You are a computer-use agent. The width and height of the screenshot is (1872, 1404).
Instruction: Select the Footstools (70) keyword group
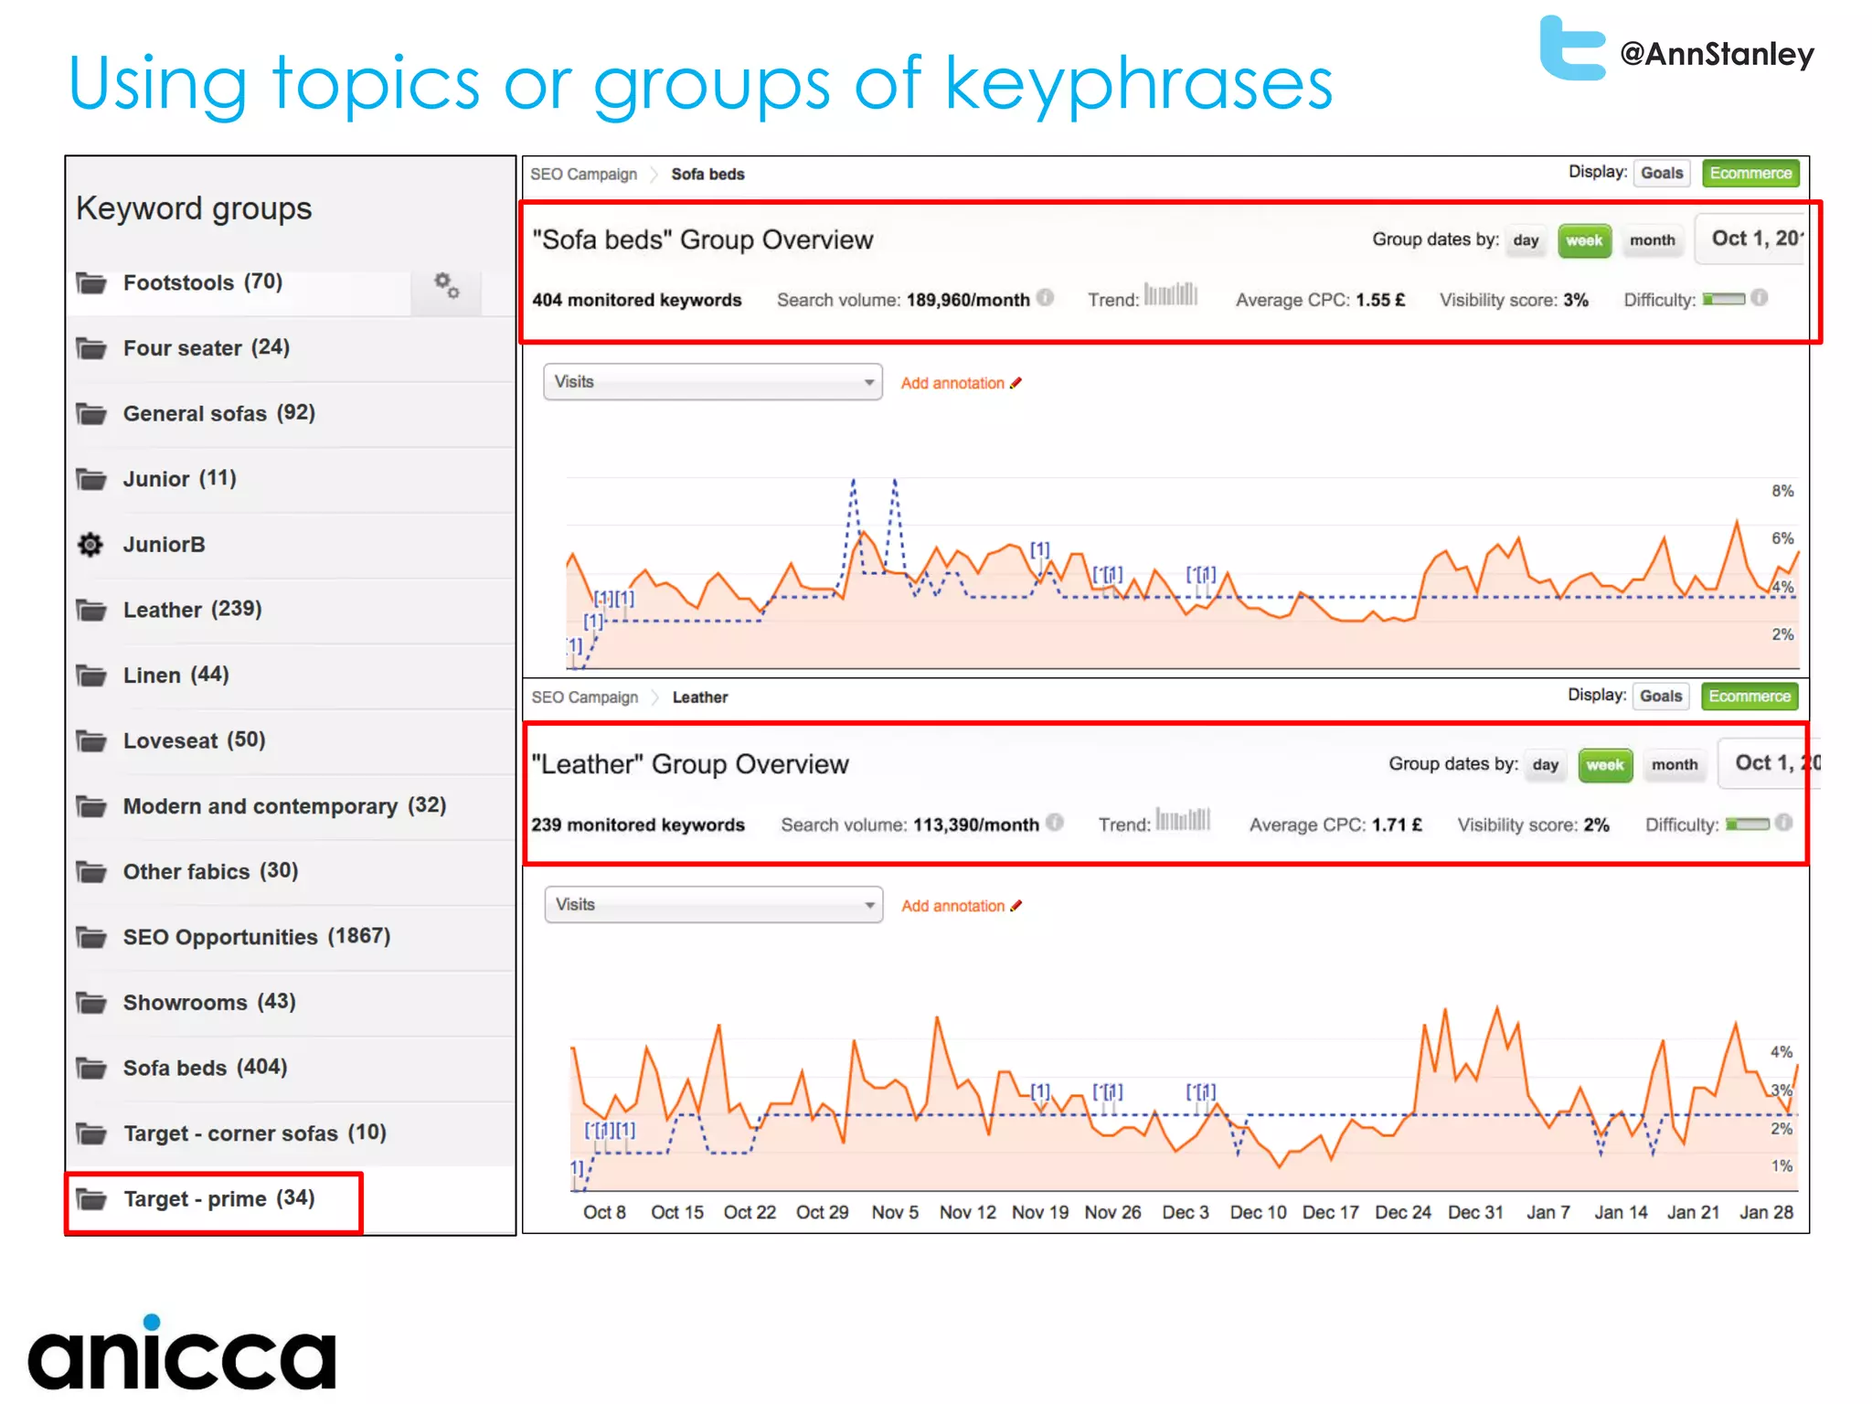point(202,282)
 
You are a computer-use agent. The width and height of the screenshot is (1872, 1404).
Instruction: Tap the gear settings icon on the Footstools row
point(446,285)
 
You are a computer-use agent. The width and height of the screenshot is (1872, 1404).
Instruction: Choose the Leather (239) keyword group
point(192,610)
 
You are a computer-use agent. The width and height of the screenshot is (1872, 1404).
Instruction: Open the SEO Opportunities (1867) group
point(256,937)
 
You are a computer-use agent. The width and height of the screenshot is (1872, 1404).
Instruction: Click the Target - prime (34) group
point(218,1199)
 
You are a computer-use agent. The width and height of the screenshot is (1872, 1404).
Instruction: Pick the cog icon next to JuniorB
point(90,545)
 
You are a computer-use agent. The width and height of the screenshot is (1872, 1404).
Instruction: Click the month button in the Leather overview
point(1674,765)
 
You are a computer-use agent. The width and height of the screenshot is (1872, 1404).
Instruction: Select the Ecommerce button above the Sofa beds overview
point(1750,174)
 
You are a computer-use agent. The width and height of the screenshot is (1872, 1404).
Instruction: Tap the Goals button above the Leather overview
point(1660,697)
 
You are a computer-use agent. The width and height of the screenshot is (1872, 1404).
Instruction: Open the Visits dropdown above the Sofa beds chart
point(712,382)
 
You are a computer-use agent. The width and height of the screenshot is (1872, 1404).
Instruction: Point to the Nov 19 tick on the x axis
point(1039,1212)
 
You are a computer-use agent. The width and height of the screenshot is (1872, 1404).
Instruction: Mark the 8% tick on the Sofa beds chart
point(1782,491)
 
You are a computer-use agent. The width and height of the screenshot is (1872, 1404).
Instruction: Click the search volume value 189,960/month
point(967,300)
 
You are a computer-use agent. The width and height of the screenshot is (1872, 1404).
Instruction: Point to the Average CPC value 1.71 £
point(1396,824)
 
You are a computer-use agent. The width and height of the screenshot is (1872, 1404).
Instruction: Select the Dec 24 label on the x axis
point(1402,1212)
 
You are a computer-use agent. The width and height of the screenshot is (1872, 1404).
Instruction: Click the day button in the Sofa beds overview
point(1525,240)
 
